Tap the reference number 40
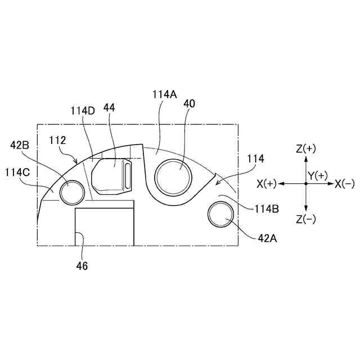pos(190,103)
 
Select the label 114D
pos(83,110)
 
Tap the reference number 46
pos(82,266)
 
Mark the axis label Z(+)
pos(306,149)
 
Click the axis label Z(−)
pos(306,219)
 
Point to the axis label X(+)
pos(267,184)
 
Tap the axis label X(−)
pos(344,184)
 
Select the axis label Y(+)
pos(317,175)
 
